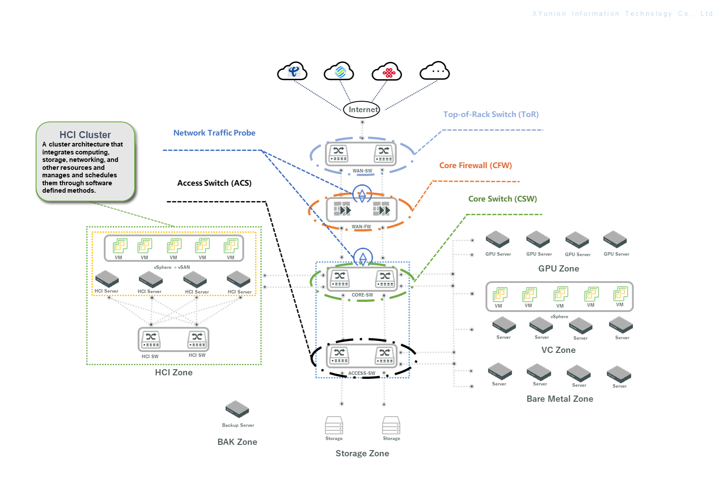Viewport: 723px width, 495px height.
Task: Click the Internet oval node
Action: point(362,110)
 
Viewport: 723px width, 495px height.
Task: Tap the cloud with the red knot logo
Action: point(387,72)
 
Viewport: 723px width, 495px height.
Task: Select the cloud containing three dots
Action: point(435,71)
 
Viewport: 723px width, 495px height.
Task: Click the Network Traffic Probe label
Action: point(214,133)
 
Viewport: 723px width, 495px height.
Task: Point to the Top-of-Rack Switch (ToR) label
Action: point(491,114)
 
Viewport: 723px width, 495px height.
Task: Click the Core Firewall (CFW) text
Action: point(475,165)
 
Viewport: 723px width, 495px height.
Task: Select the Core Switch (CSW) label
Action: point(502,199)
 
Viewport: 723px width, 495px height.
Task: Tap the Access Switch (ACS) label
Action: point(214,183)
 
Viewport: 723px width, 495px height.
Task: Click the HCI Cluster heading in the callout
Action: point(85,135)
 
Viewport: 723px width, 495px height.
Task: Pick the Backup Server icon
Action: point(237,409)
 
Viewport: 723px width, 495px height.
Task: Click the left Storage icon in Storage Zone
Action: point(334,425)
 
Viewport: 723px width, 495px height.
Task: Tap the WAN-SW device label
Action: point(362,171)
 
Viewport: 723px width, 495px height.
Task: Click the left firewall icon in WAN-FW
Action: point(342,209)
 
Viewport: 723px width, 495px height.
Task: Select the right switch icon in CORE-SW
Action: point(385,279)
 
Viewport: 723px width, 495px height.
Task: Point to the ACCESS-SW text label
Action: point(362,373)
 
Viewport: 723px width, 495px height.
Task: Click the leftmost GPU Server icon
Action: point(498,239)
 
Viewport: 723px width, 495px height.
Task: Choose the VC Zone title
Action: point(558,350)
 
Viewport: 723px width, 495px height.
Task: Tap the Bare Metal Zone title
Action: point(560,399)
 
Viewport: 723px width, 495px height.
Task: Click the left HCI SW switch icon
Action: point(151,340)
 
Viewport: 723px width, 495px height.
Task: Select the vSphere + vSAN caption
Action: point(172,267)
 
